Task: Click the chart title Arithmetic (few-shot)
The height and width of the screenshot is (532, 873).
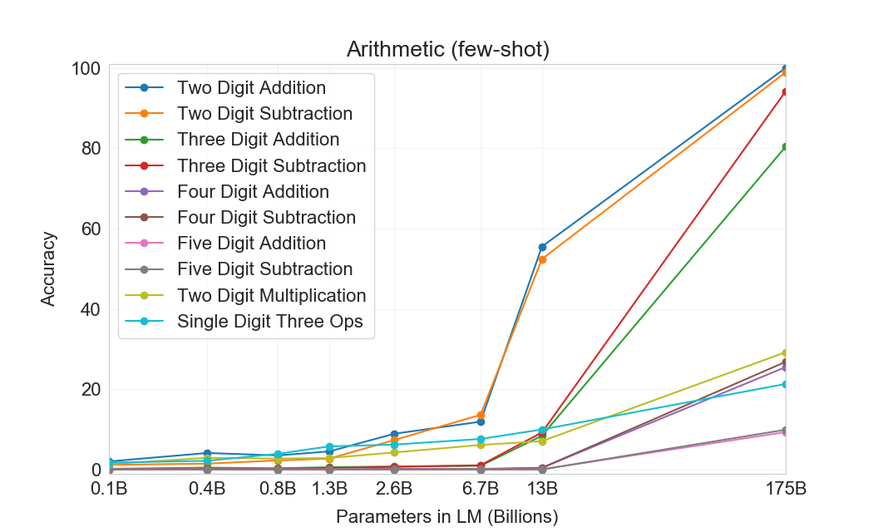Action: pos(448,50)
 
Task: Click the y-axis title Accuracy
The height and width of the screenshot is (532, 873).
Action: pos(49,269)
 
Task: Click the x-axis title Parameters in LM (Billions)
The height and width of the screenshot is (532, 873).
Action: pos(447,516)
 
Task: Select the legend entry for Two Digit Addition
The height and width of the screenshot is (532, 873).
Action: pos(251,87)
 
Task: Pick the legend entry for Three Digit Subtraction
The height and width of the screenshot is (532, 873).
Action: pos(271,165)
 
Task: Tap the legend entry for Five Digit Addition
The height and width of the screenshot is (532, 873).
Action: pos(251,244)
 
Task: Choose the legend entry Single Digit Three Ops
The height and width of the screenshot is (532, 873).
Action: pos(269,322)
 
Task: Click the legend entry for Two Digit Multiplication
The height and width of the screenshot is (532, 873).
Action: pos(271,295)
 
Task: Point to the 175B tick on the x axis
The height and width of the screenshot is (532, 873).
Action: pos(786,488)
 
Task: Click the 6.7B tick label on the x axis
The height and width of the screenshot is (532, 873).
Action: pos(481,488)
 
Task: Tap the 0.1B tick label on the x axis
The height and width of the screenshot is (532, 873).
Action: pos(109,488)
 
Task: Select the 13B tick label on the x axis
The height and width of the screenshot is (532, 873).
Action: pos(543,488)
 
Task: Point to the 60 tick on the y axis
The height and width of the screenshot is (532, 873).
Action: pos(91,229)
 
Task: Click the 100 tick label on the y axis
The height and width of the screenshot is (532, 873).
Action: pos(86,68)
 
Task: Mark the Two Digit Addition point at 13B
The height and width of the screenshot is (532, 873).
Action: pos(543,247)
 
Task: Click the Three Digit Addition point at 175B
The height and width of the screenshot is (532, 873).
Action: pos(785,147)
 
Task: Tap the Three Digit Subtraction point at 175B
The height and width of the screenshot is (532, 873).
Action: pos(785,92)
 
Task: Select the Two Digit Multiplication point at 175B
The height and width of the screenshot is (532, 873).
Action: pos(785,352)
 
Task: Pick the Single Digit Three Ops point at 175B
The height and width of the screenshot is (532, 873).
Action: pos(785,384)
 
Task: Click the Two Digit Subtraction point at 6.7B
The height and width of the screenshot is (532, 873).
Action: pos(481,415)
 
